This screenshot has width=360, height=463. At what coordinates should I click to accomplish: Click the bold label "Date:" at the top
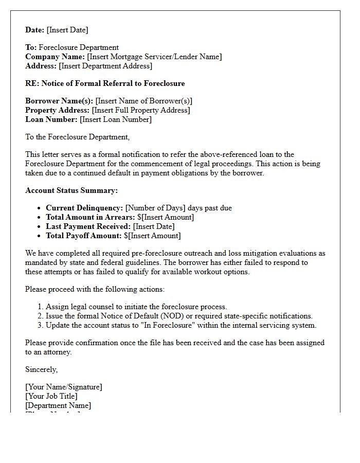coord(35,30)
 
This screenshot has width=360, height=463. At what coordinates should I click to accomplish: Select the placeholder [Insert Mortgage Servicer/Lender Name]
coord(154,57)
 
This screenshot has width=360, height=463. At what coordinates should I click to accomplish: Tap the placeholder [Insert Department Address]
coord(105,66)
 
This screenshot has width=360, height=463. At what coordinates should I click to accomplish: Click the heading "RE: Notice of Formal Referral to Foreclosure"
coord(105,83)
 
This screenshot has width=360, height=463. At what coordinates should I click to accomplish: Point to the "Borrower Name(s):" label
coord(59,101)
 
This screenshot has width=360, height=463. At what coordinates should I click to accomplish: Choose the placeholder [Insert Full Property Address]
coord(141,110)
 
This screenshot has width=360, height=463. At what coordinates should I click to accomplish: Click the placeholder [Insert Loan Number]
coord(116,119)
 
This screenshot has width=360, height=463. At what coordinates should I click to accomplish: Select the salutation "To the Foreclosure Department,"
coord(78,137)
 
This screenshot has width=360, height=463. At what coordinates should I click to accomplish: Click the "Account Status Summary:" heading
coord(71,190)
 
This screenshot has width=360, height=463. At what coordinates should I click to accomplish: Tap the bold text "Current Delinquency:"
coord(84,208)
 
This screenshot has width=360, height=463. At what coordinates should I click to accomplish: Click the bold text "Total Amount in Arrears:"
coord(91,217)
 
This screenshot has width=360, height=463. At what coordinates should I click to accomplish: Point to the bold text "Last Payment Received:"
coord(88,226)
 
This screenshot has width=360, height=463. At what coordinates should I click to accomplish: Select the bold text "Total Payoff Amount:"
coord(84,236)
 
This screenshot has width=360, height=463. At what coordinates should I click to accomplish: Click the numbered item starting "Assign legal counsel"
coord(136,307)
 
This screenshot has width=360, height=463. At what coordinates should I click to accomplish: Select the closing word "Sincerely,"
coord(42,369)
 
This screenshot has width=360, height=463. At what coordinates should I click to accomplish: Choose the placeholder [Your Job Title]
coord(51,396)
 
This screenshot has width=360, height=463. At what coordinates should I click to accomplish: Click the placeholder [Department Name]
coord(58,405)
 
